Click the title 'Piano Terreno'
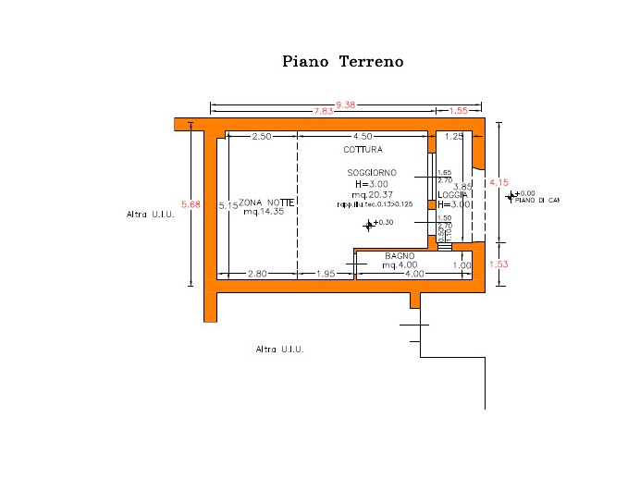click(x=342, y=62)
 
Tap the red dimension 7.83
click(x=323, y=111)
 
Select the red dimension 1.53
click(x=498, y=264)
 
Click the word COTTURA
click(x=363, y=149)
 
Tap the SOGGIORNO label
click(x=372, y=173)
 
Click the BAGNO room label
click(x=400, y=255)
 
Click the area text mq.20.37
click(x=372, y=194)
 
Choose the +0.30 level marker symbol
click(x=369, y=224)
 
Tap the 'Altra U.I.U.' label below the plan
click(x=279, y=350)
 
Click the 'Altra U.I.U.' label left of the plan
click(x=150, y=214)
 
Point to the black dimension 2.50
click(x=262, y=137)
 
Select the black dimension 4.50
click(x=363, y=137)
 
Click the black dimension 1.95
click(x=325, y=274)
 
